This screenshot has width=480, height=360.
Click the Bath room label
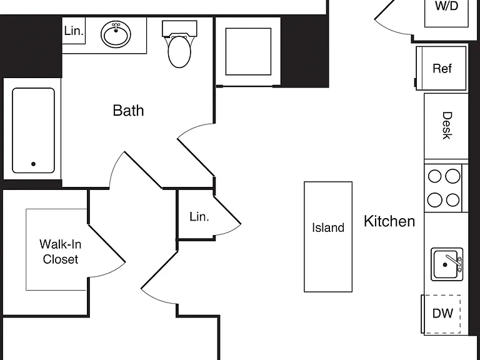pos(128,111)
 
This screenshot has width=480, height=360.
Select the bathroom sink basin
pos(116,34)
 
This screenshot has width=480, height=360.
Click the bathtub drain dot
pos(33,164)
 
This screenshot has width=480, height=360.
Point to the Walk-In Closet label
pos(60,252)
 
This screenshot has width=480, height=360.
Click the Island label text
pos(328,227)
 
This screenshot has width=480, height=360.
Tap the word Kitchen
pos(389,221)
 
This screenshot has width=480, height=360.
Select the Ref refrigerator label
pos(442,69)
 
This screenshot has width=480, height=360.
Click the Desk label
pos(447,126)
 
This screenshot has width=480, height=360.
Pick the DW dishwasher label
pos(442,314)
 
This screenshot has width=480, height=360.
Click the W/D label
pos(447,6)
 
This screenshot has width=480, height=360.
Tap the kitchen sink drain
pos(445,265)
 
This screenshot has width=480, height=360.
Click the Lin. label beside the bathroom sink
pos(74,31)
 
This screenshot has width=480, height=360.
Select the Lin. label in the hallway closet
pos(199,217)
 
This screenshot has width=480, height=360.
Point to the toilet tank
pos(179,29)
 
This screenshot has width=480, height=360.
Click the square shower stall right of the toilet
pos(248,51)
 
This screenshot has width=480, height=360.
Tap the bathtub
pos(33,131)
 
